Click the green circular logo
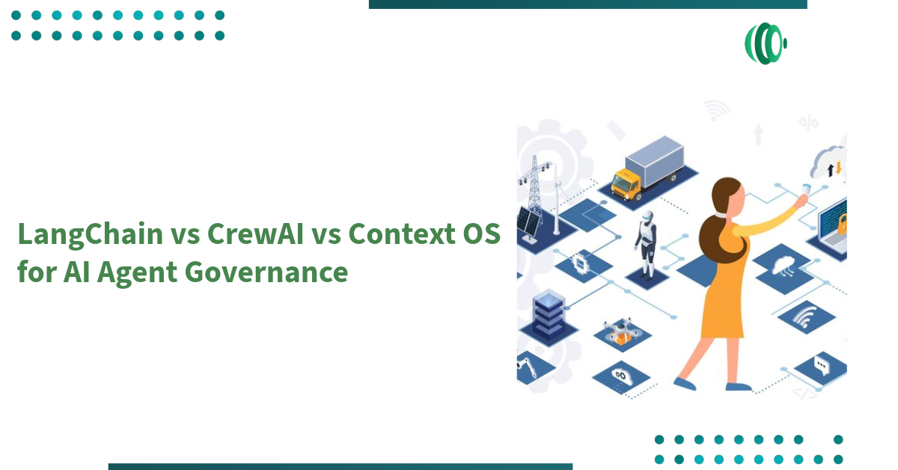765,43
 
